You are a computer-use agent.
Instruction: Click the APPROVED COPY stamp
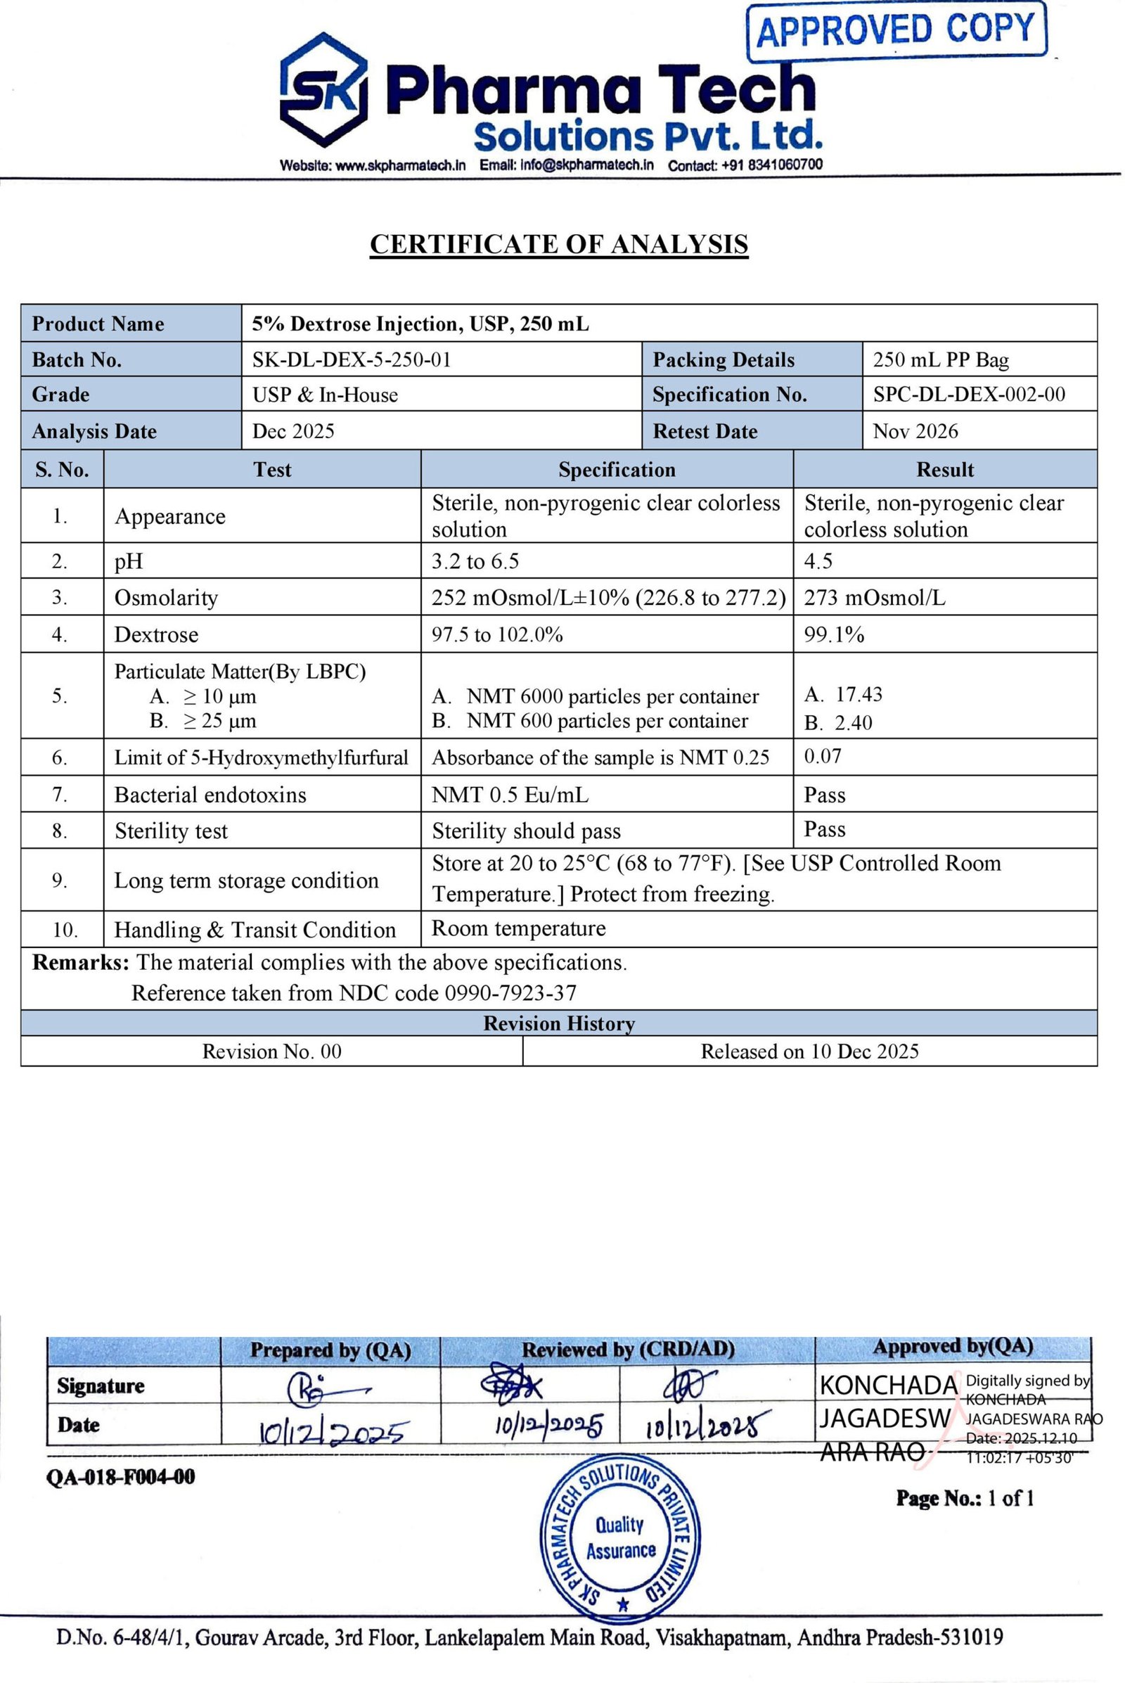pos(896,30)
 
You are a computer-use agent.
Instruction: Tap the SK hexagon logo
pos(323,91)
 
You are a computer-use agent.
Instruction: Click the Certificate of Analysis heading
pos(559,244)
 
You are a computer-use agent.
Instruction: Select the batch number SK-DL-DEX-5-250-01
pos(352,359)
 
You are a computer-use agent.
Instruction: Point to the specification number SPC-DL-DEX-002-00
pos(969,394)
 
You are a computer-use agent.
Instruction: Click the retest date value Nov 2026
pos(915,431)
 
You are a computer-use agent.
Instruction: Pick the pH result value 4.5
pos(818,561)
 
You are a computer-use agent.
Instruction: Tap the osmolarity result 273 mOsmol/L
pos(874,598)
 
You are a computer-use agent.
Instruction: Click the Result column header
pos(945,470)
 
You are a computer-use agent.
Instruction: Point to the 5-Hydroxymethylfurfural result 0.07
pos(822,756)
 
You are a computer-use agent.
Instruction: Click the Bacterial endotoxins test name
pos(210,795)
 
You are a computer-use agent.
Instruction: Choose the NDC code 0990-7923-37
pos(510,992)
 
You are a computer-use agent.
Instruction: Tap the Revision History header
pos(559,1023)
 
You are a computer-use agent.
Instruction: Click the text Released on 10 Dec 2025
pos(809,1051)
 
